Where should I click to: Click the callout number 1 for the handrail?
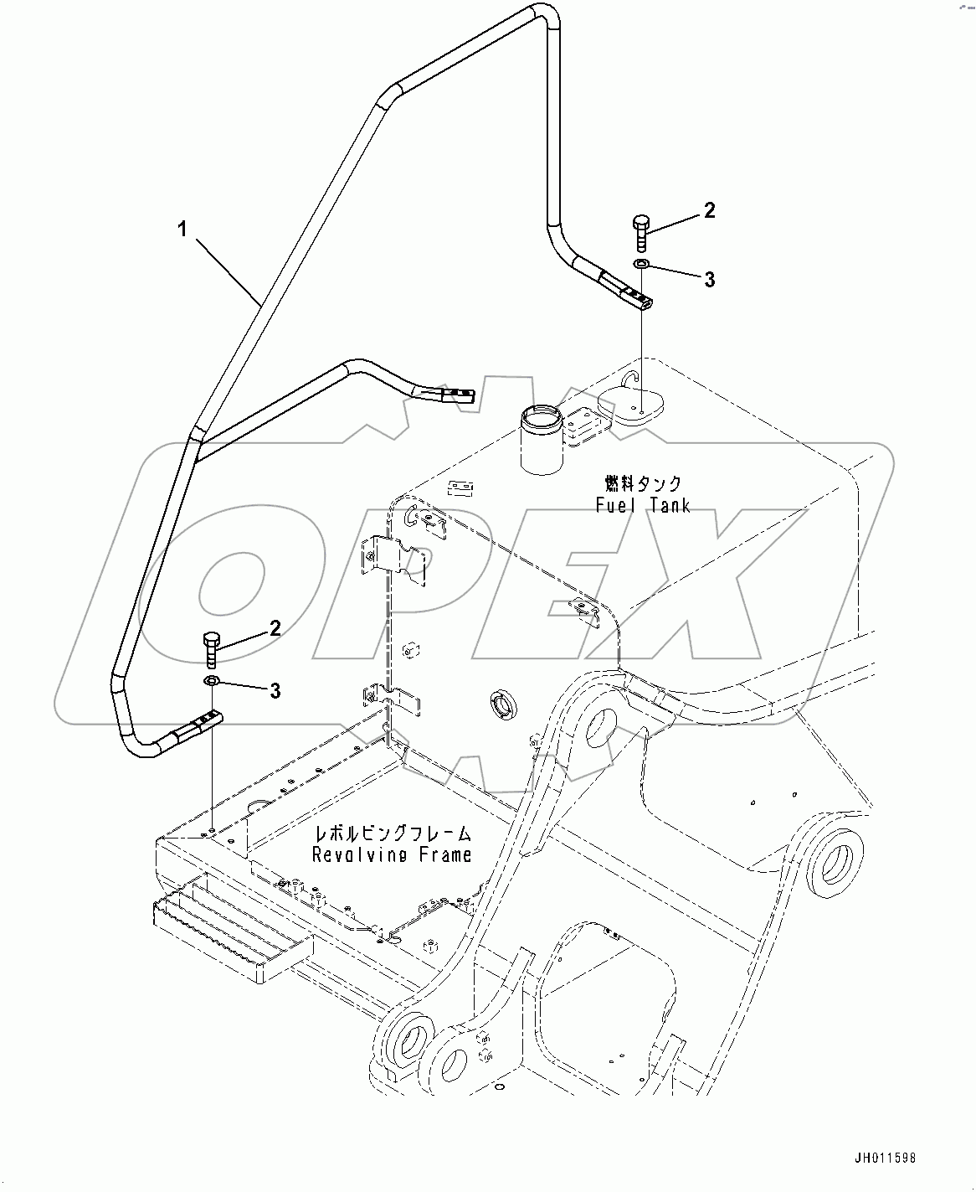click(183, 229)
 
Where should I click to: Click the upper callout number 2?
click(709, 210)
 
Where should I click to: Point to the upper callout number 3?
click(709, 280)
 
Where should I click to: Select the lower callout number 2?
click(275, 628)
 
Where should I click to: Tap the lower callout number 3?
click(275, 691)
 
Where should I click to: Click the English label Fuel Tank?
click(643, 505)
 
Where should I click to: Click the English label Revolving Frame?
click(392, 854)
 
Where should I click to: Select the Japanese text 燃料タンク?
click(643, 484)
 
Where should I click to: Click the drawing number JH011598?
click(885, 1158)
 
